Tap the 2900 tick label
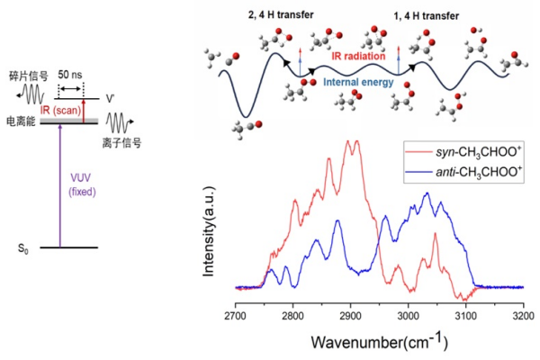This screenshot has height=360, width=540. click(x=350, y=319)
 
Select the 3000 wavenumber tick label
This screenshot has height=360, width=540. click(x=408, y=319)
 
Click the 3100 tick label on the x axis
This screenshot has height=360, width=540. click(x=465, y=319)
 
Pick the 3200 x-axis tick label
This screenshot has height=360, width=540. click(x=523, y=319)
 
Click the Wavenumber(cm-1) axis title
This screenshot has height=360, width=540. click(x=378, y=342)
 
